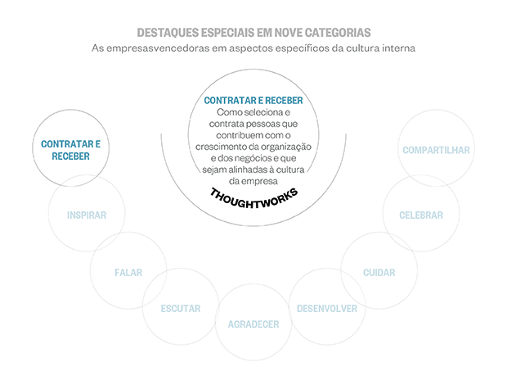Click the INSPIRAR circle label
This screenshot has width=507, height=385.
click(87, 215)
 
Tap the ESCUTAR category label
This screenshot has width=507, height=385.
click(181, 309)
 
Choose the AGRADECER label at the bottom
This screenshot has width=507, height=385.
click(253, 324)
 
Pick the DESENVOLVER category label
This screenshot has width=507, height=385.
click(327, 309)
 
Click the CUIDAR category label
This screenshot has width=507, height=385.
click(379, 272)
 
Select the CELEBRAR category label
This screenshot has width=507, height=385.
click(421, 215)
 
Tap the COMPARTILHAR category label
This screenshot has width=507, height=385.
click(436, 150)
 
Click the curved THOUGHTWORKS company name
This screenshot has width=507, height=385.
click(253, 197)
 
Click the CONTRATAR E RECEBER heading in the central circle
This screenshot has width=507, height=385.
click(253, 100)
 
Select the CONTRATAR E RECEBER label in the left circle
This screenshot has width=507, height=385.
click(70, 150)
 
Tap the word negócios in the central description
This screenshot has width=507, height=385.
click(276, 157)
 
